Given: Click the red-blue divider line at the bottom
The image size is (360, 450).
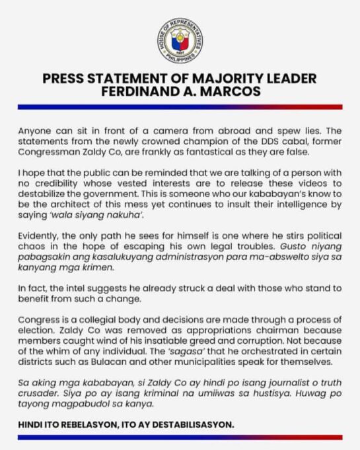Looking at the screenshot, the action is (180, 437).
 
